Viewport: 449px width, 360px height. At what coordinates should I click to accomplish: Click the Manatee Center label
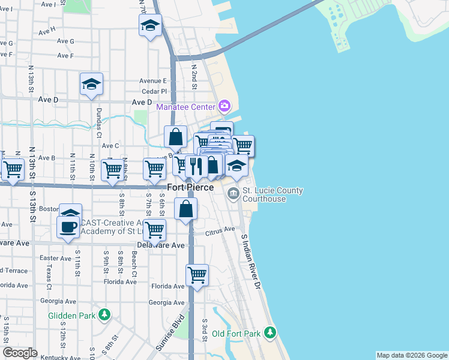tap(185, 107)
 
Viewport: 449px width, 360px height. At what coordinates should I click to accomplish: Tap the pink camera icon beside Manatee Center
tap(224, 107)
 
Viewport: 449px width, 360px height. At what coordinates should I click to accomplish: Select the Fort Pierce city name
tap(190, 188)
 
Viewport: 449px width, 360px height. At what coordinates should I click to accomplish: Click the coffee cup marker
tap(68, 227)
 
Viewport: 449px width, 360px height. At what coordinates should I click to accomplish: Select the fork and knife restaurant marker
tap(196, 166)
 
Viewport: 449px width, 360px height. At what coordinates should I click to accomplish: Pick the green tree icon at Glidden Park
tap(104, 314)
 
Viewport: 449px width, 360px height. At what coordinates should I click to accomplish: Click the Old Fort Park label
tap(235, 333)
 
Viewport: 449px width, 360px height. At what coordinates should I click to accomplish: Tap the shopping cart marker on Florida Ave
tap(197, 275)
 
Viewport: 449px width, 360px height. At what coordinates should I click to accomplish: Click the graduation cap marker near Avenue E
tap(91, 85)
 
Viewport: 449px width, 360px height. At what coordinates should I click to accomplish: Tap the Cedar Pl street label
tap(154, 92)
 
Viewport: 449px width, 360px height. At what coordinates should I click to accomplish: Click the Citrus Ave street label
tap(220, 230)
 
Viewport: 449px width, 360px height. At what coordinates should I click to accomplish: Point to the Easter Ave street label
tap(55, 258)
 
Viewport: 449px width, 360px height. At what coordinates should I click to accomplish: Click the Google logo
tap(20, 353)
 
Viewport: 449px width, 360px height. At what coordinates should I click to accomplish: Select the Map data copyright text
tap(411, 355)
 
